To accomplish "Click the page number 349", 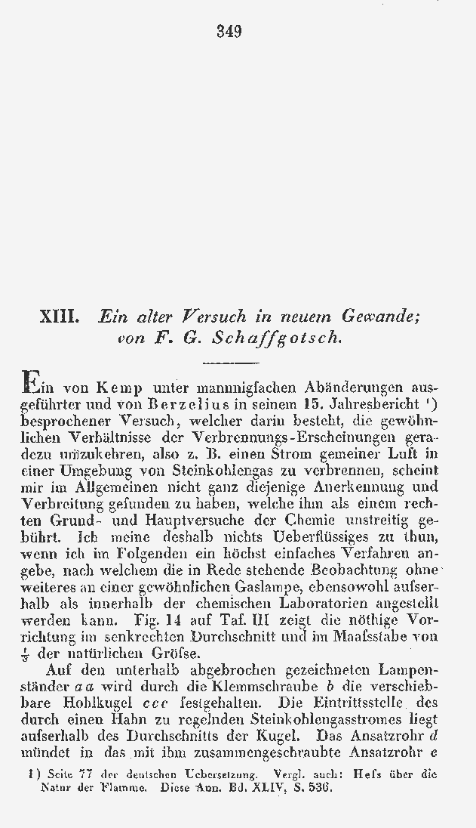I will pyautogui.click(x=229, y=31).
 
